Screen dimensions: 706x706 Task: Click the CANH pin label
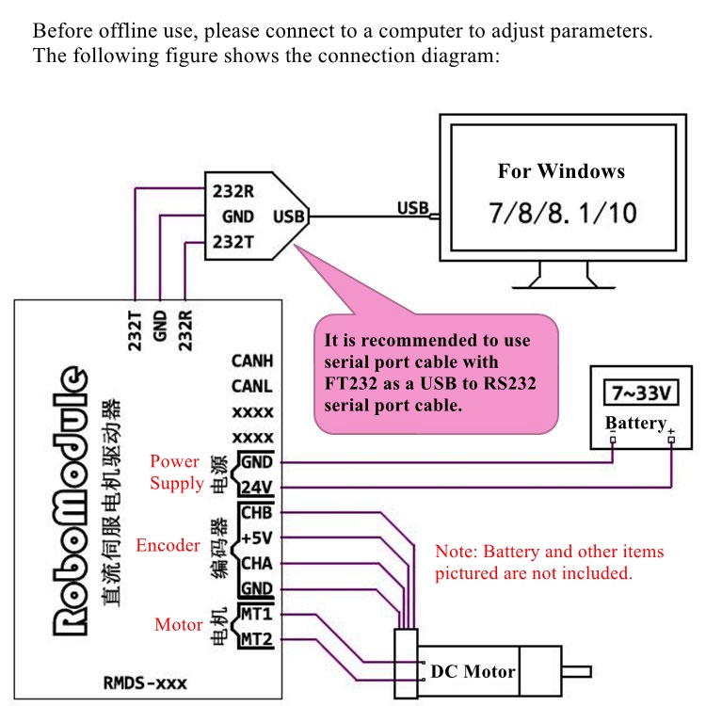[252, 361]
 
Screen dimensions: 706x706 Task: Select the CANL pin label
[252, 386]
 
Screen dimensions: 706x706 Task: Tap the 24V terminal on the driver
[256, 488]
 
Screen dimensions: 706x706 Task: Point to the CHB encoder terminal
[256, 513]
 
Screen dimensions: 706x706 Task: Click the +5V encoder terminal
[256, 538]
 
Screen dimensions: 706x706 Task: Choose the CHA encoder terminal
[256, 564]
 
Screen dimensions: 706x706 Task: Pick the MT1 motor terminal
[256, 615]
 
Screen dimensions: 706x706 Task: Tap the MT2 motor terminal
[256, 640]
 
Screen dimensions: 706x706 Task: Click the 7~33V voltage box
[640, 391]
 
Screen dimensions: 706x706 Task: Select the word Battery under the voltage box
[635, 423]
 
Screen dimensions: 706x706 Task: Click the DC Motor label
[473, 671]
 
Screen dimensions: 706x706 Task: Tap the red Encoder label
[168, 545]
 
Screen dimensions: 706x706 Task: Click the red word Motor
[179, 624]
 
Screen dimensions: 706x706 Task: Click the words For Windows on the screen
[561, 171]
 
